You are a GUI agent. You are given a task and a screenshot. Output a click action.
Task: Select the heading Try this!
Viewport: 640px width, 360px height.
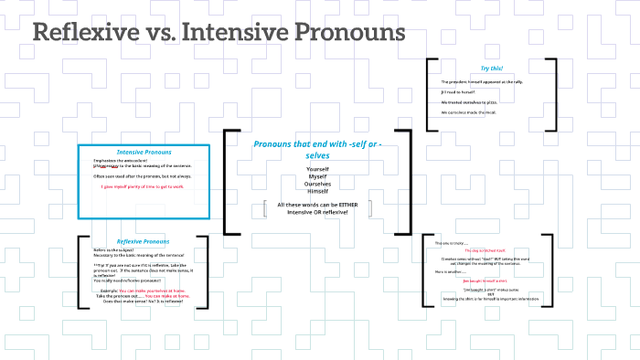491,69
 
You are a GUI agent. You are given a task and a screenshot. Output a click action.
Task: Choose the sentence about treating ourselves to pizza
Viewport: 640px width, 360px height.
474,101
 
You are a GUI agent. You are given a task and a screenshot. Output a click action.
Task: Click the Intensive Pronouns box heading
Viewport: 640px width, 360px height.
144,152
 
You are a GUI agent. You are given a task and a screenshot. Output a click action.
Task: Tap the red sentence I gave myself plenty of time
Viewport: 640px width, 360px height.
144,186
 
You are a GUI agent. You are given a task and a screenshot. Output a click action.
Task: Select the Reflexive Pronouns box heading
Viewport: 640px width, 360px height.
143,241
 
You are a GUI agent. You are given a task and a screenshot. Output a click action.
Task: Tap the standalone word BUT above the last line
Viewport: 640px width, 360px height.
490,293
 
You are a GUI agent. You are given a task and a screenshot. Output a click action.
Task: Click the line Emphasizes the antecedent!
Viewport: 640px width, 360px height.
120,160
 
